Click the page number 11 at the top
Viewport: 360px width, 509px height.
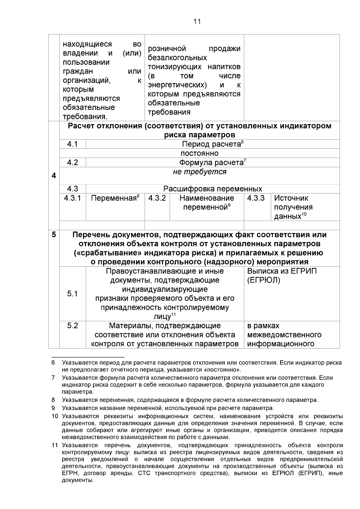(197, 22)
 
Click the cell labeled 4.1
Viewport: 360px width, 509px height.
(73, 144)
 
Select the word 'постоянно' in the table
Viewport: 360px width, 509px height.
(199, 154)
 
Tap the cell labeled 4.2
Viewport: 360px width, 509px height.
(73, 163)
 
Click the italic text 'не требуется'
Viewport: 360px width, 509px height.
(199, 172)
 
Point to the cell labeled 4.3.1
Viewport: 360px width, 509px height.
(73, 198)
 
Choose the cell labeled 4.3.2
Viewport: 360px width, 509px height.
(157, 198)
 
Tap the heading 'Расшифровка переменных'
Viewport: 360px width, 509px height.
(212, 189)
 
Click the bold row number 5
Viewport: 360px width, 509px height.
(54, 235)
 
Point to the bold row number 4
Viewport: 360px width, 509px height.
(54, 176)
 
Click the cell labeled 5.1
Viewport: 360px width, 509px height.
(73, 294)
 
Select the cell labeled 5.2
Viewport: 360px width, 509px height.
(73, 326)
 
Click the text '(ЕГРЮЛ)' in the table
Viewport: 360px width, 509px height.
(264, 280)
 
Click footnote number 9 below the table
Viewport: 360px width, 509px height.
(53, 408)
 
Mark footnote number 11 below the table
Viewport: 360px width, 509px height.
(54, 445)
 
